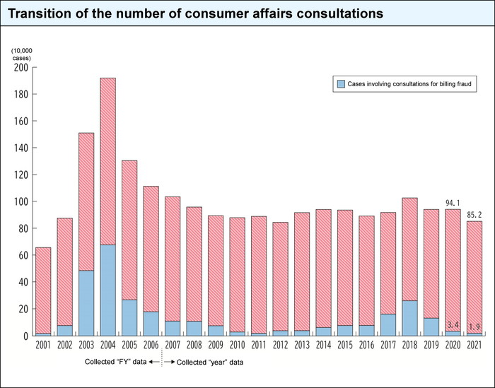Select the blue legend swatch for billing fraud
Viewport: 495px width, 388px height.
click(341, 83)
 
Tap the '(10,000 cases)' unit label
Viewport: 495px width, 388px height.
click(21, 54)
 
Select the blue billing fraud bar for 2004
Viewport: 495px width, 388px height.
click(107, 290)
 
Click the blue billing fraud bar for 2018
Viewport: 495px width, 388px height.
click(409, 318)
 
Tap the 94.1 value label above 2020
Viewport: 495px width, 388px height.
click(453, 201)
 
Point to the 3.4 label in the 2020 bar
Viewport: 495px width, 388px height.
click(453, 324)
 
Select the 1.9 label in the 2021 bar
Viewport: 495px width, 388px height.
click(474, 327)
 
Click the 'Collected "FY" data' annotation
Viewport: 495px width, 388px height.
click(120, 362)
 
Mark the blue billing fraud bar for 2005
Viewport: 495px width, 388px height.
click(129, 317)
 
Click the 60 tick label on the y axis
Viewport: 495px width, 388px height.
click(22, 255)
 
